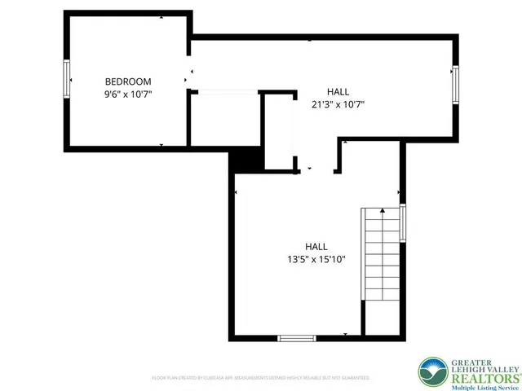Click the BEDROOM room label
click(128, 81)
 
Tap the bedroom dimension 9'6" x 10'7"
click(128, 94)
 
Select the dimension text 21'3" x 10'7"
click(337, 103)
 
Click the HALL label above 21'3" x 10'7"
click(338, 91)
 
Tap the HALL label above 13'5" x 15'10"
click(316, 247)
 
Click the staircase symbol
click(378, 254)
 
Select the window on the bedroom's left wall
click(68, 81)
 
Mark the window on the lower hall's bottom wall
click(298, 337)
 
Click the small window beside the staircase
click(403, 222)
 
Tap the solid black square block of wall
click(244, 160)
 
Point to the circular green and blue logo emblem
click(431, 372)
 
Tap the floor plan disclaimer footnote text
click(261, 378)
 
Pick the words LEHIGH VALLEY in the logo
click(480, 368)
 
